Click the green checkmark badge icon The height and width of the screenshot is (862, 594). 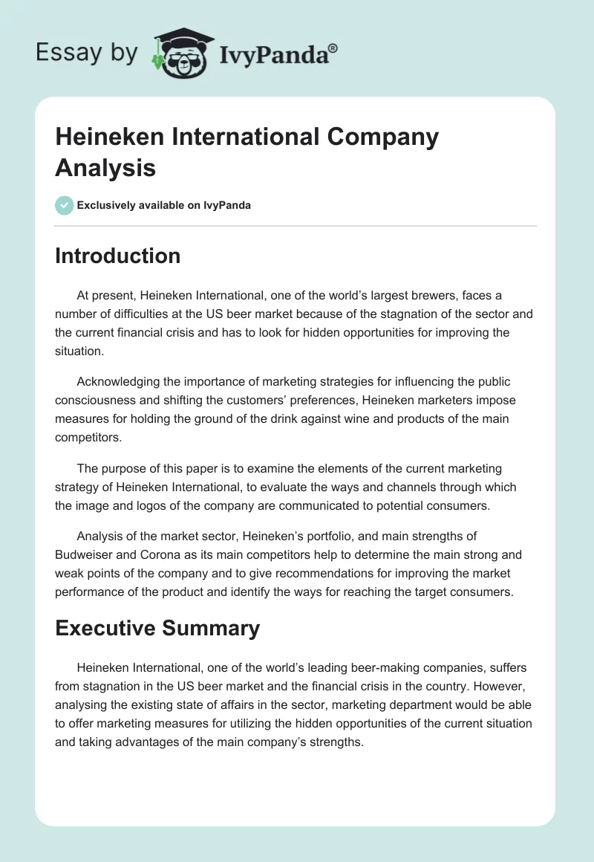65,205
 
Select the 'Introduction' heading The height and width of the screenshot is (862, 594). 118,256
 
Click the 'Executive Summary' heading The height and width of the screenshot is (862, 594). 157,628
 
